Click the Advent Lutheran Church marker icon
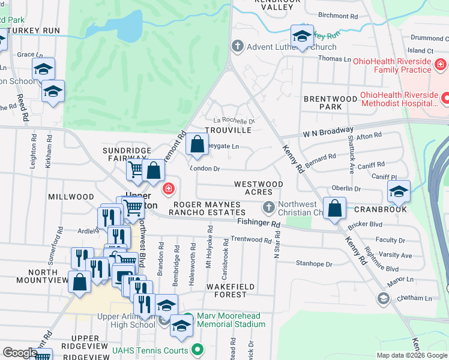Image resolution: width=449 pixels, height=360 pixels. click(237, 46)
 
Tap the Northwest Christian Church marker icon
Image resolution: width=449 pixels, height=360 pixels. click(268, 208)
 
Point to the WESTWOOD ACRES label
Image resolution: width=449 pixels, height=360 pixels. click(258, 188)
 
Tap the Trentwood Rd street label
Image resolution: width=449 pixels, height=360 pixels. click(252, 240)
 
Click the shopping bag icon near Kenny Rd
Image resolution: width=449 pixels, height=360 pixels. click(336, 209)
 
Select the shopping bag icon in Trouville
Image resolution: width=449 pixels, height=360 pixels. click(197, 144)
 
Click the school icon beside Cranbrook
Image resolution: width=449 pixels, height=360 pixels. click(399, 191)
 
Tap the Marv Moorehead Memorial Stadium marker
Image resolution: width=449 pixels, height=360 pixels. click(188, 317)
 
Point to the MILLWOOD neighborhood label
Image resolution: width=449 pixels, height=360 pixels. click(71, 197)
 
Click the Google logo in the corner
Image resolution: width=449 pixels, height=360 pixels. click(20, 353)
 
